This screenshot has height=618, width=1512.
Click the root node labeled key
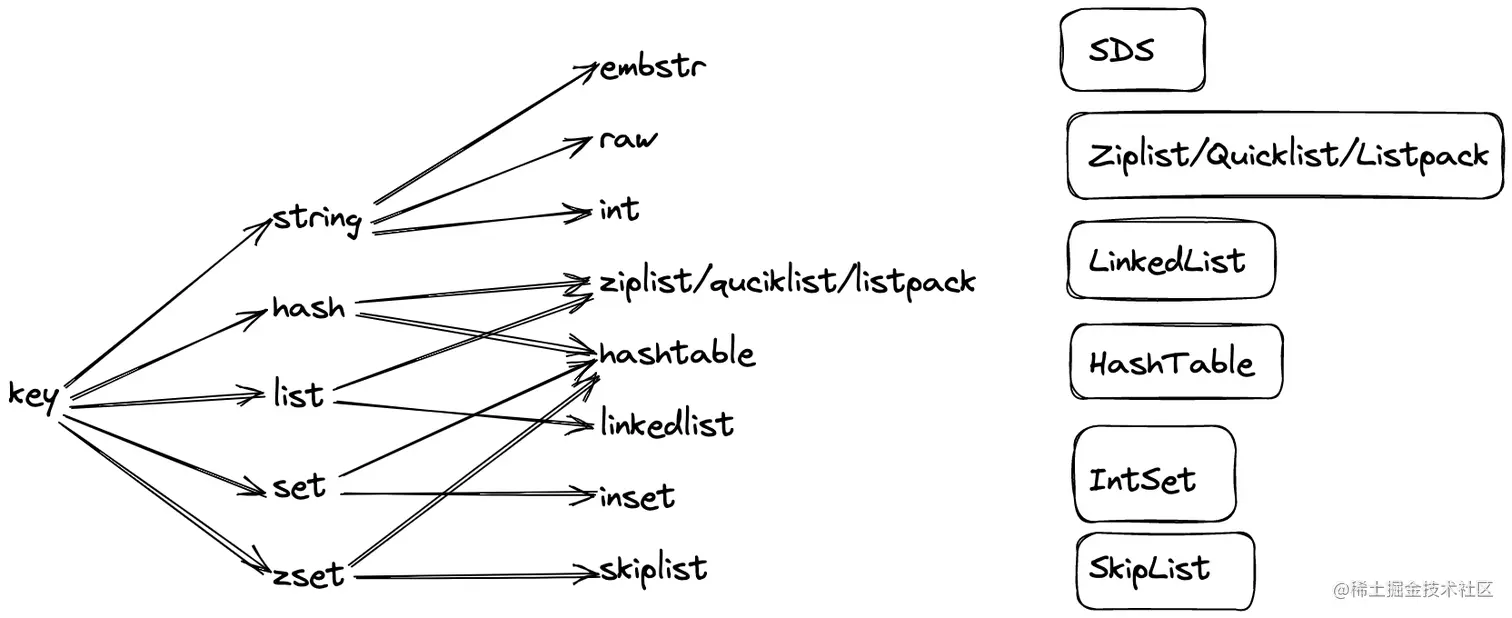coord(33,396)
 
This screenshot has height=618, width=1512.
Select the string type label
coord(317,218)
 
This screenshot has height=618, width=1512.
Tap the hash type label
coord(309,307)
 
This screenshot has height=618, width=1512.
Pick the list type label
coord(298,394)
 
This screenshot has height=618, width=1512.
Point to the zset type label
coord(308,575)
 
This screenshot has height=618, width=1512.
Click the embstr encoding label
coord(652,69)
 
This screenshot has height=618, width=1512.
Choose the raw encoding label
coord(628,139)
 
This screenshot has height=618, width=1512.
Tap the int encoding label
coord(619,210)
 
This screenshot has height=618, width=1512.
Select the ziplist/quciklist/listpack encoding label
coord(786,281)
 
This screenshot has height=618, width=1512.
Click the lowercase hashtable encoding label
coord(676,353)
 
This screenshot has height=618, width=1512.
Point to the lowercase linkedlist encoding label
coord(667,424)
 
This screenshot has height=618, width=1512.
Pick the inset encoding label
coord(638,496)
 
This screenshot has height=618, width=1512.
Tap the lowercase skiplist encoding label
coord(654,569)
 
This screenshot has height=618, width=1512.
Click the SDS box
coord(1132,50)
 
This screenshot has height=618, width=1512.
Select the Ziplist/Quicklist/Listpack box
coord(1287,156)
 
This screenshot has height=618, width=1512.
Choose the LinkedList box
coord(1170,260)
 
